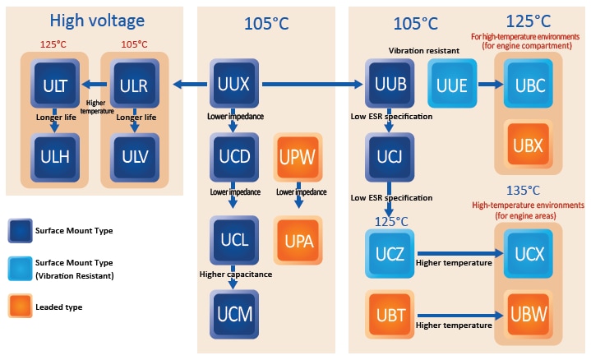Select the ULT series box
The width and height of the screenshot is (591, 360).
point(54,84)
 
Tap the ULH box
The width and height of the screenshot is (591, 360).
point(54,155)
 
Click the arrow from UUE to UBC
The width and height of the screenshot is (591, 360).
point(491,84)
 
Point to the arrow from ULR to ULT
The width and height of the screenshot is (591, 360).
point(93,83)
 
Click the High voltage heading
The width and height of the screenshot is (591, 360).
point(97,21)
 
